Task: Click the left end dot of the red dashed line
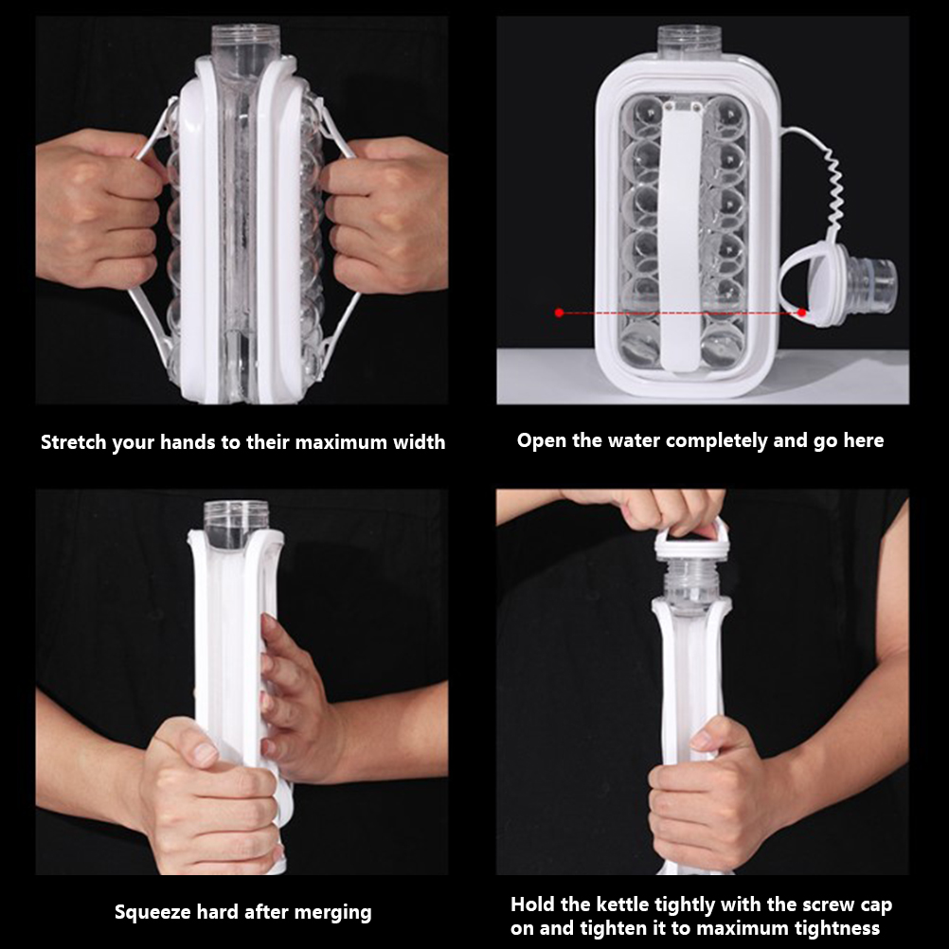[x=559, y=313]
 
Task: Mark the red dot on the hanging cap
[x=802, y=313]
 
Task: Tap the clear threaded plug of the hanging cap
[x=872, y=285]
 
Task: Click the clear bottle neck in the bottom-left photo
[x=236, y=519]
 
